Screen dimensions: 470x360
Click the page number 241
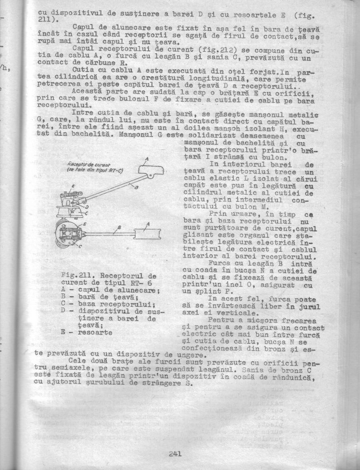point(175,454)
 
